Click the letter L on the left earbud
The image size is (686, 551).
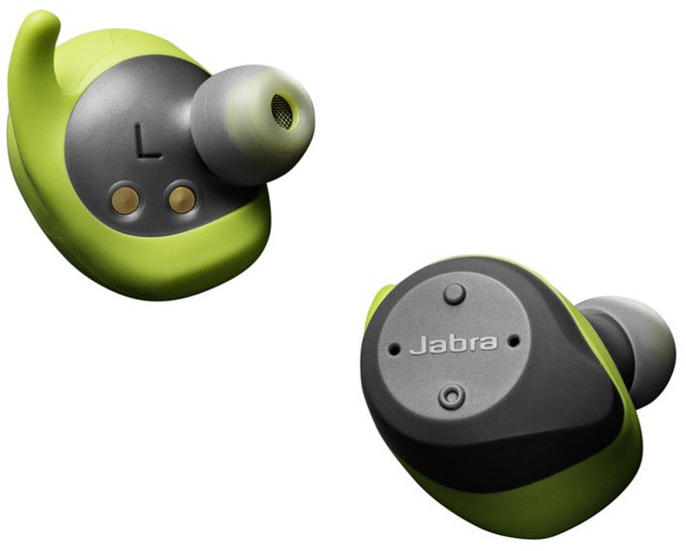[x=147, y=142]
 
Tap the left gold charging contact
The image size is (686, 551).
[x=125, y=200]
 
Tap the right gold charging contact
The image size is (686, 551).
[x=181, y=200]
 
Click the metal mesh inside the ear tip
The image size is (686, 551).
[x=282, y=112]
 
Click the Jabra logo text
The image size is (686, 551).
[x=454, y=343]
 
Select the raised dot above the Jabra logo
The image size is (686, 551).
[x=455, y=293]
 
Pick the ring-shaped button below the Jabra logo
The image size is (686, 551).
[x=451, y=396]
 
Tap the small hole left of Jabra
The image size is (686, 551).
[x=394, y=349]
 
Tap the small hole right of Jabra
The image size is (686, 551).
[x=514, y=340]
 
